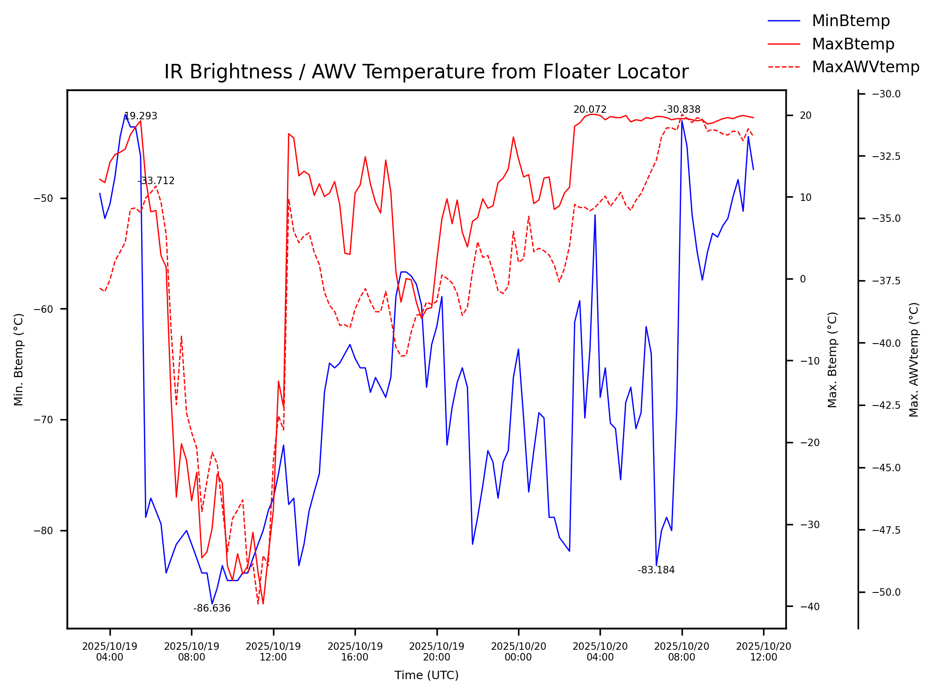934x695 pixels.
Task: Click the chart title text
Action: (x=426, y=72)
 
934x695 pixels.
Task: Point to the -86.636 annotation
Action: (x=212, y=608)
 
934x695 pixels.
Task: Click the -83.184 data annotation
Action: (x=656, y=570)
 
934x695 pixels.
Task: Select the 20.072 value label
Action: (x=590, y=110)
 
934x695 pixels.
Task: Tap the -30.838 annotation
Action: (x=682, y=110)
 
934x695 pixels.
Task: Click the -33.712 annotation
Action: (x=156, y=181)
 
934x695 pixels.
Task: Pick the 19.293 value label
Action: (x=141, y=116)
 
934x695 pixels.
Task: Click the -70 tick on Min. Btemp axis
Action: (x=44, y=420)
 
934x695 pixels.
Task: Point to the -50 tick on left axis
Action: (x=44, y=199)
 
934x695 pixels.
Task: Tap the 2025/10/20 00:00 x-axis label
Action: (x=518, y=652)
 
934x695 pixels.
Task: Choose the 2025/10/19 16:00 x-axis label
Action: (x=355, y=652)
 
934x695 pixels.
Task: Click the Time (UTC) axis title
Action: (x=426, y=675)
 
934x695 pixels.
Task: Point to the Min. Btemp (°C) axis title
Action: (x=19, y=359)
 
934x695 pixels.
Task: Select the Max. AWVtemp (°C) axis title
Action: (x=914, y=359)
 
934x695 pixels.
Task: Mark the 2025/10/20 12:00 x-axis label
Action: (x=764, y=652)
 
